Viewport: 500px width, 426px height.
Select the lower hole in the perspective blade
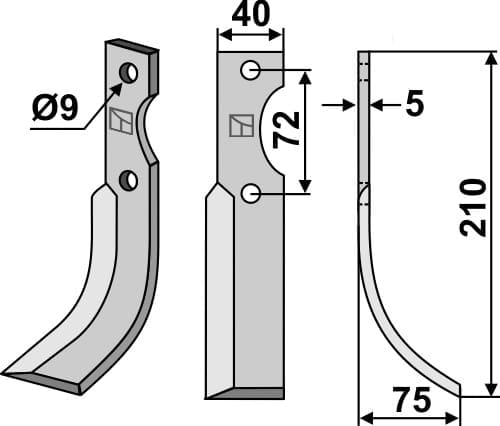click(x=128, y=180)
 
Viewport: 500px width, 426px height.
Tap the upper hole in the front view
click(x=250, y=70)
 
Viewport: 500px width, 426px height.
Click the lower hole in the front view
click(x=250, y=194)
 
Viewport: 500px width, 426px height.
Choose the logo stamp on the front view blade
click(x=240, y=126)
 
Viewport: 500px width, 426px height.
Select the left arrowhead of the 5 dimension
click(x=351, y=103)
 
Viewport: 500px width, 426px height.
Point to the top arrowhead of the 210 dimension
click(x=488, y=58)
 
